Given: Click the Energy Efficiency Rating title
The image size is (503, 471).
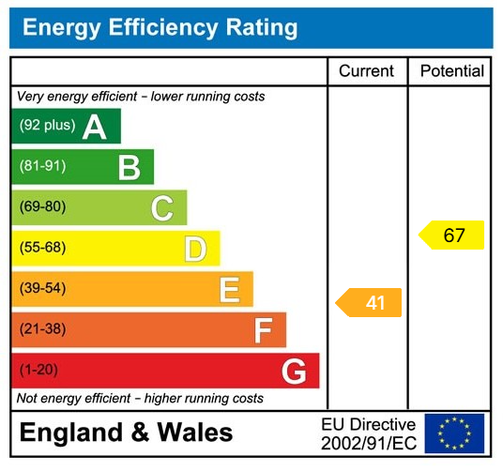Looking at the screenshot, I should (x=160, y=27).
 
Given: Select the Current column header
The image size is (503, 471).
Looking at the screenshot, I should (x=367, y=71).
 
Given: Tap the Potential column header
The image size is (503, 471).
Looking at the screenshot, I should (x=451, y=71).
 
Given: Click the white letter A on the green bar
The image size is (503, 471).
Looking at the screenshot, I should (x=95, y=127).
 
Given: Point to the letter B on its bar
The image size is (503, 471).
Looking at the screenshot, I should (x=129, y=167).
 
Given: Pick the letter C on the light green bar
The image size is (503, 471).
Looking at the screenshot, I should (x=162, y=208).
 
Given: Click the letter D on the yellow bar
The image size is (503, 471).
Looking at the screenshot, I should (x=195, y=249).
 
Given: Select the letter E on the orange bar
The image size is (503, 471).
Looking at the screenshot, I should (x=229, y=290).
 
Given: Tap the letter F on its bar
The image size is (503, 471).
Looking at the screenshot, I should (x=264, y=330).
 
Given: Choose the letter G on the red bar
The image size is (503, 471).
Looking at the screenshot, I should (x=294, y=372).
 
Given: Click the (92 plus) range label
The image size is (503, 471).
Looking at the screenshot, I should (x=47, y=126).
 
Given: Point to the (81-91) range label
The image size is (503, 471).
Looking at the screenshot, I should (x=42, y=167).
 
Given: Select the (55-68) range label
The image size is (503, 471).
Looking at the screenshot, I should (x=42, y=249).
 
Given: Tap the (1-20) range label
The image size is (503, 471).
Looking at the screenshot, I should (x=38, y=371).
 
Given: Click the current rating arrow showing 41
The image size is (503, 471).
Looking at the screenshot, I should (x=370, y=302).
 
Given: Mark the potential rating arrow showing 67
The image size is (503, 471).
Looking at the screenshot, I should (x=452, y=235).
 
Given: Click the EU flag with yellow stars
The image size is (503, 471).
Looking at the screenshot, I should (x=454, y=433).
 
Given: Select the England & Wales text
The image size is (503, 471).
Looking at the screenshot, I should (x=126, y=433).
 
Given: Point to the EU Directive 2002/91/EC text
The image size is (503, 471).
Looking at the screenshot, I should (x=368, y=433).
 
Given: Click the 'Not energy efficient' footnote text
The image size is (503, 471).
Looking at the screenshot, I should (x=141, y=399).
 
